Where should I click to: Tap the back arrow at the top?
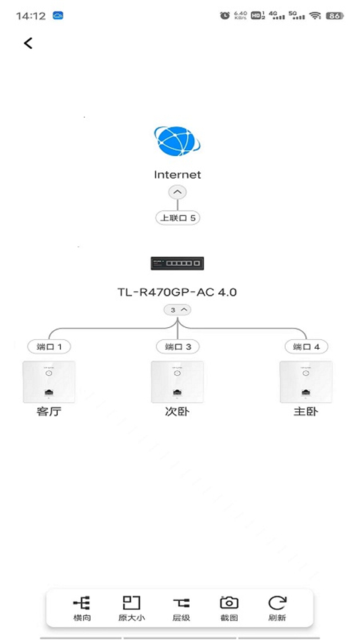pyautogui.click(x=28, y=44)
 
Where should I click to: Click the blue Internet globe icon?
pyautogui.click(x=178, y=141)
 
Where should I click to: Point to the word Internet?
pyautogui.click(x=178, y=175)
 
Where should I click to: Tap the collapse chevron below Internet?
pyautogui.click(x=178, y=193)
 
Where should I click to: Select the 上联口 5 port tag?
pyautogui.click(x=178, y=218)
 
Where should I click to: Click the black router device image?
pyautogui.click(x=177, y=263)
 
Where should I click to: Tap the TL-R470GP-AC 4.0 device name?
pyautogui.click(x=177, y=292)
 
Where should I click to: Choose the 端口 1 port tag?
pyautogui.click(x=49, y=347)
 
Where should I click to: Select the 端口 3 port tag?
pyautogui.click(x=178, y=347)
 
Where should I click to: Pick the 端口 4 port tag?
pyautogui.click(x=306, y=347)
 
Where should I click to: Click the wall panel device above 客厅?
pyautogui.click(x=49, y=383)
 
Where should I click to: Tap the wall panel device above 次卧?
pyautogui.click(x=177, y=383)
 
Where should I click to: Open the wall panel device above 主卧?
pyautogui.click(x=306, y=383)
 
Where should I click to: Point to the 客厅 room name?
pyautogui.click(x=49, y=412)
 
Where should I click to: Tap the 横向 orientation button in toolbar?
pyautogui.click(x=82, y=608)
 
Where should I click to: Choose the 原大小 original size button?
pyautogui.click(x=131, y=608)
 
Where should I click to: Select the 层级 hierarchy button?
pyautogui.click(x=181, y=608)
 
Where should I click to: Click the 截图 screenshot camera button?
pyautogui.click(x=229, y=608)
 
